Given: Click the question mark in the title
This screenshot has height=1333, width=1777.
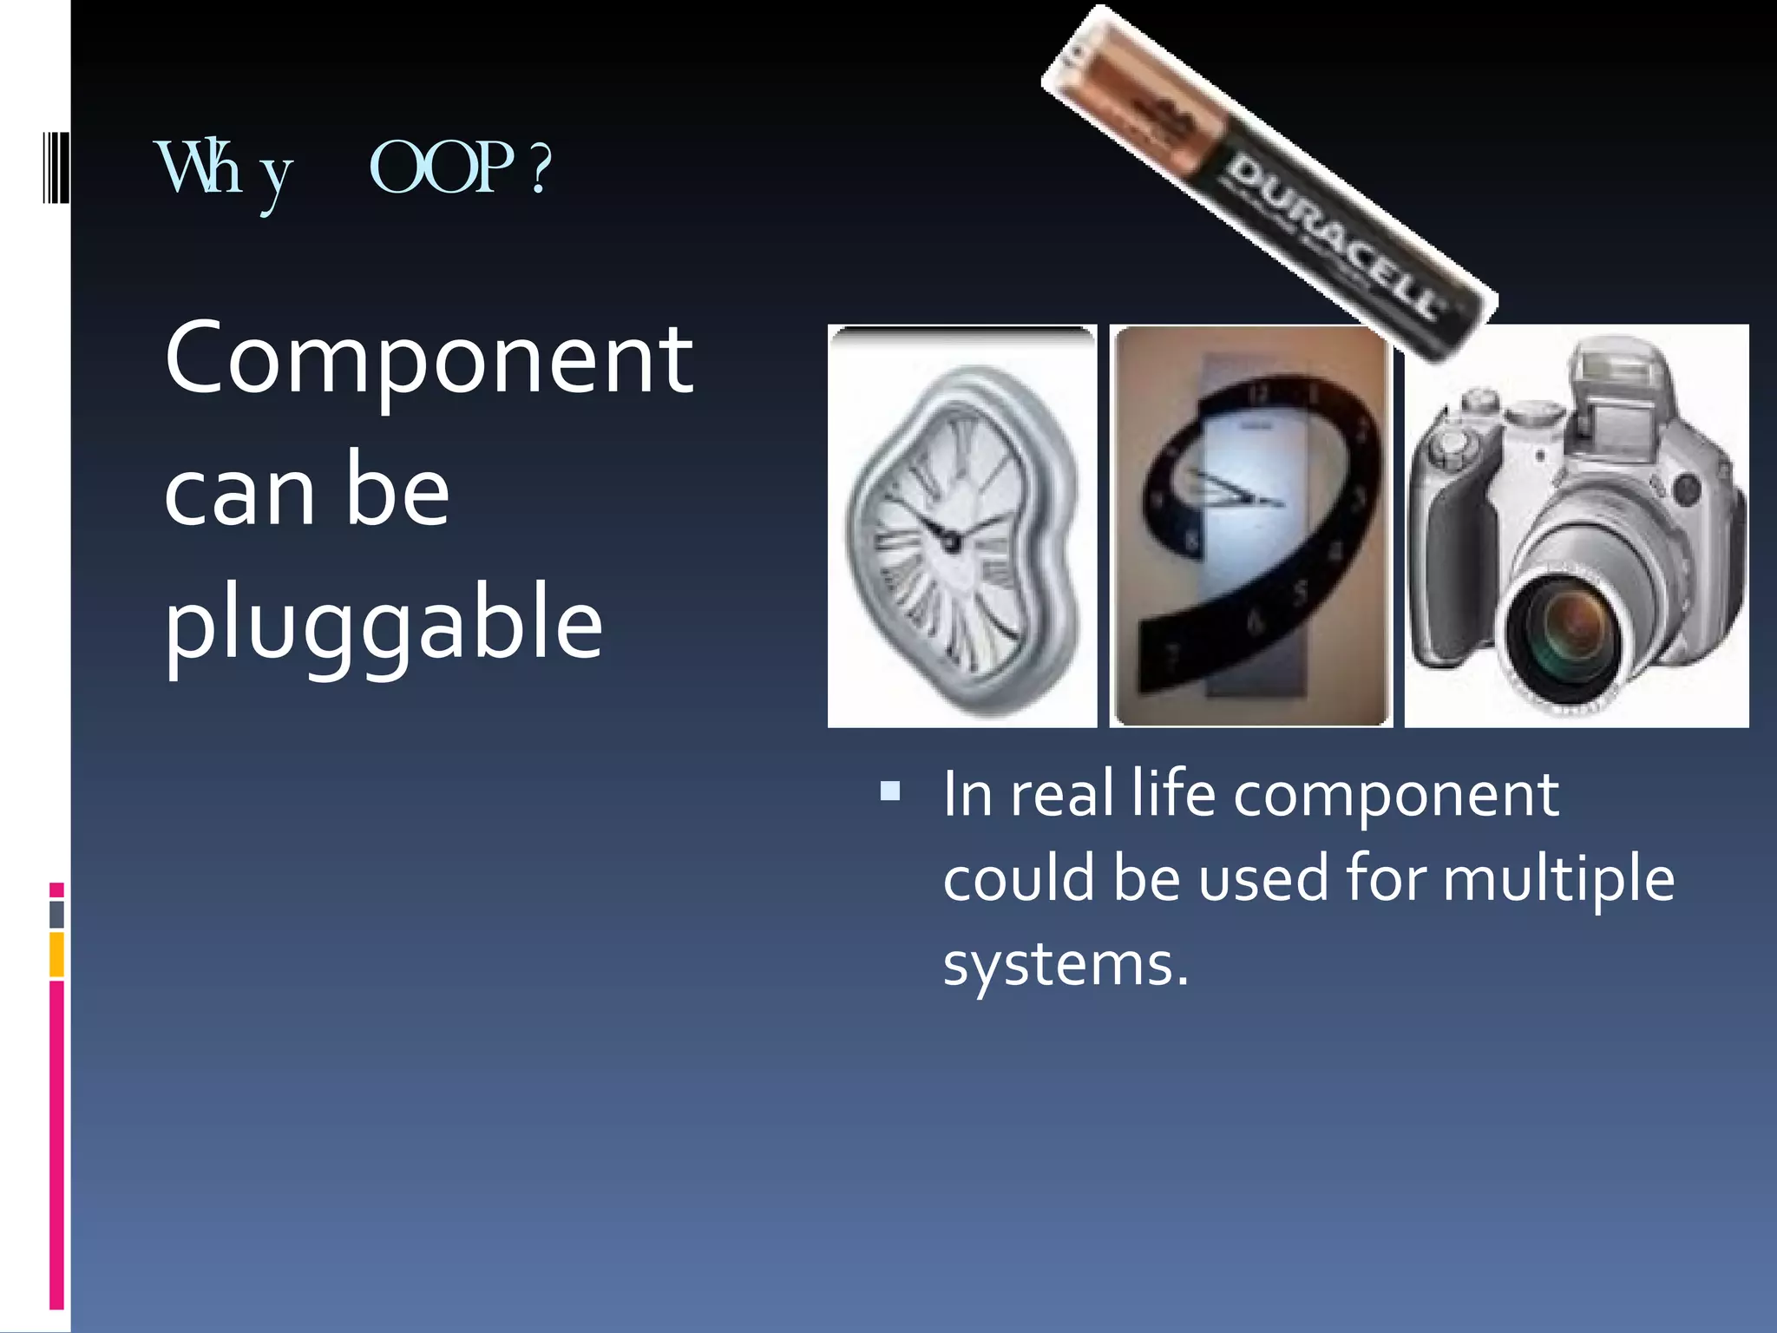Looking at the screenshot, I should [540, 169].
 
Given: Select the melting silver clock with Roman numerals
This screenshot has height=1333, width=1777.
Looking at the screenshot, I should [961, 526].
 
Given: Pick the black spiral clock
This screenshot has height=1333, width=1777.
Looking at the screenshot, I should [1250, 526].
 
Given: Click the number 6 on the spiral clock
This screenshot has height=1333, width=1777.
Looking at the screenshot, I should [1254, 621].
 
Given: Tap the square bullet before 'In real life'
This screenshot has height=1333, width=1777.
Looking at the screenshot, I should [889, 791].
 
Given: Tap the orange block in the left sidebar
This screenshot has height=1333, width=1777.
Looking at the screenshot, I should [56, 954].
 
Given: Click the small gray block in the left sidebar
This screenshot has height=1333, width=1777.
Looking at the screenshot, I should [56, 914].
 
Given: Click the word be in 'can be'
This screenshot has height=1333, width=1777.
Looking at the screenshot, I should [397, 491].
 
